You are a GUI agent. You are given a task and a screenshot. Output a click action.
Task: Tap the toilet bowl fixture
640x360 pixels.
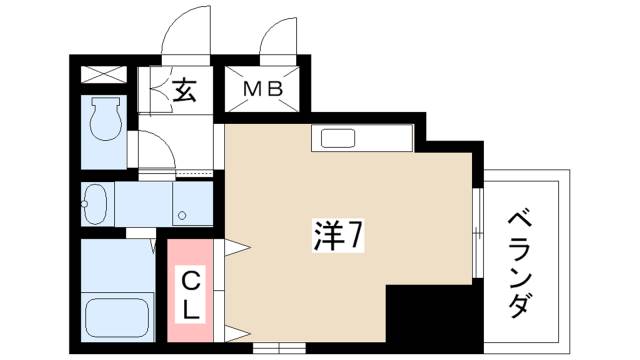coord(103,123)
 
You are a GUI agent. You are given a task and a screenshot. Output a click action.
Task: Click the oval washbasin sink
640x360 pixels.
coord(95,204)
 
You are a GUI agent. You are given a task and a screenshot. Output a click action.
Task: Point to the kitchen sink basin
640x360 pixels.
coord(337,139)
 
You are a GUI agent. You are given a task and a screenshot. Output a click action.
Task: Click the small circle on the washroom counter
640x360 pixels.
coord(181,214)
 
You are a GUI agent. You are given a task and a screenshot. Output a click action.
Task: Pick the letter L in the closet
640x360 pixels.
coord(192,309)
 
